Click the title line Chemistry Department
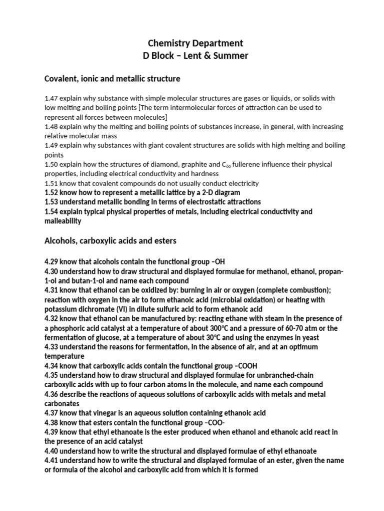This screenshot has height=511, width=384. click(192, 44)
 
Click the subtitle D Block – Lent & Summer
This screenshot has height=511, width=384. click(192, 56)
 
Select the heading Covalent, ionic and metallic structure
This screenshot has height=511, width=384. click(112, 79)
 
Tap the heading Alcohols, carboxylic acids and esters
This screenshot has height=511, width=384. click(110, 241)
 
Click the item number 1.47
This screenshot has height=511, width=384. click(52, 98)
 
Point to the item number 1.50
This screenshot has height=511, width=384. click(52, 165)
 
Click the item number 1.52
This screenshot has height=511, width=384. click(52, 193)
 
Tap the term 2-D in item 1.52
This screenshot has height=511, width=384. click(202, 193)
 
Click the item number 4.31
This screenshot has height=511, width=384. click(52, 290)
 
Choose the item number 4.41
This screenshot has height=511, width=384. click(52, 461)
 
